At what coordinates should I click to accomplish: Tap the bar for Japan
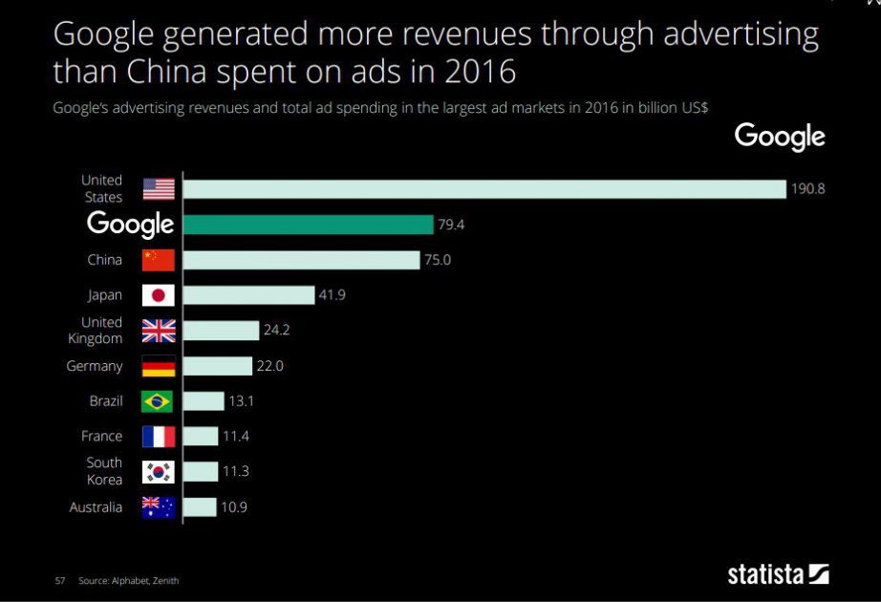tap(248, 295)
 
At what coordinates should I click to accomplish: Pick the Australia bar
tap(200, 507)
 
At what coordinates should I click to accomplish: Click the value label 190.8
tap(806, 189)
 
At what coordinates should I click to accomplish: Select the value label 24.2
tap(277, 331)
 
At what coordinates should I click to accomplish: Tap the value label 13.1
tap(242, 401)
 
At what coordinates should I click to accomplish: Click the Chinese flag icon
tap(159, 260)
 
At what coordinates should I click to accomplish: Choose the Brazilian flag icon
tap(159, 401)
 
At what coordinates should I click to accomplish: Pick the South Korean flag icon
tap(159, 472)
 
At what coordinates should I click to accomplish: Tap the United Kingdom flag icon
tap(159, 331)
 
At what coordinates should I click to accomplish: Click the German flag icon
tap(159, 366)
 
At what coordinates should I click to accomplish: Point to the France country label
tap(101, 437)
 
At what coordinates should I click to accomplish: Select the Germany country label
tap(95, 366)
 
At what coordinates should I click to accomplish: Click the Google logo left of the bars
tap(130, 225)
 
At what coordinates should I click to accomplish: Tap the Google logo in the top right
tap(779, 137)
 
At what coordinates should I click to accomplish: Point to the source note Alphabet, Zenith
tap(128, 580)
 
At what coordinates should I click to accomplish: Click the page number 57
tap(59, 580)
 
